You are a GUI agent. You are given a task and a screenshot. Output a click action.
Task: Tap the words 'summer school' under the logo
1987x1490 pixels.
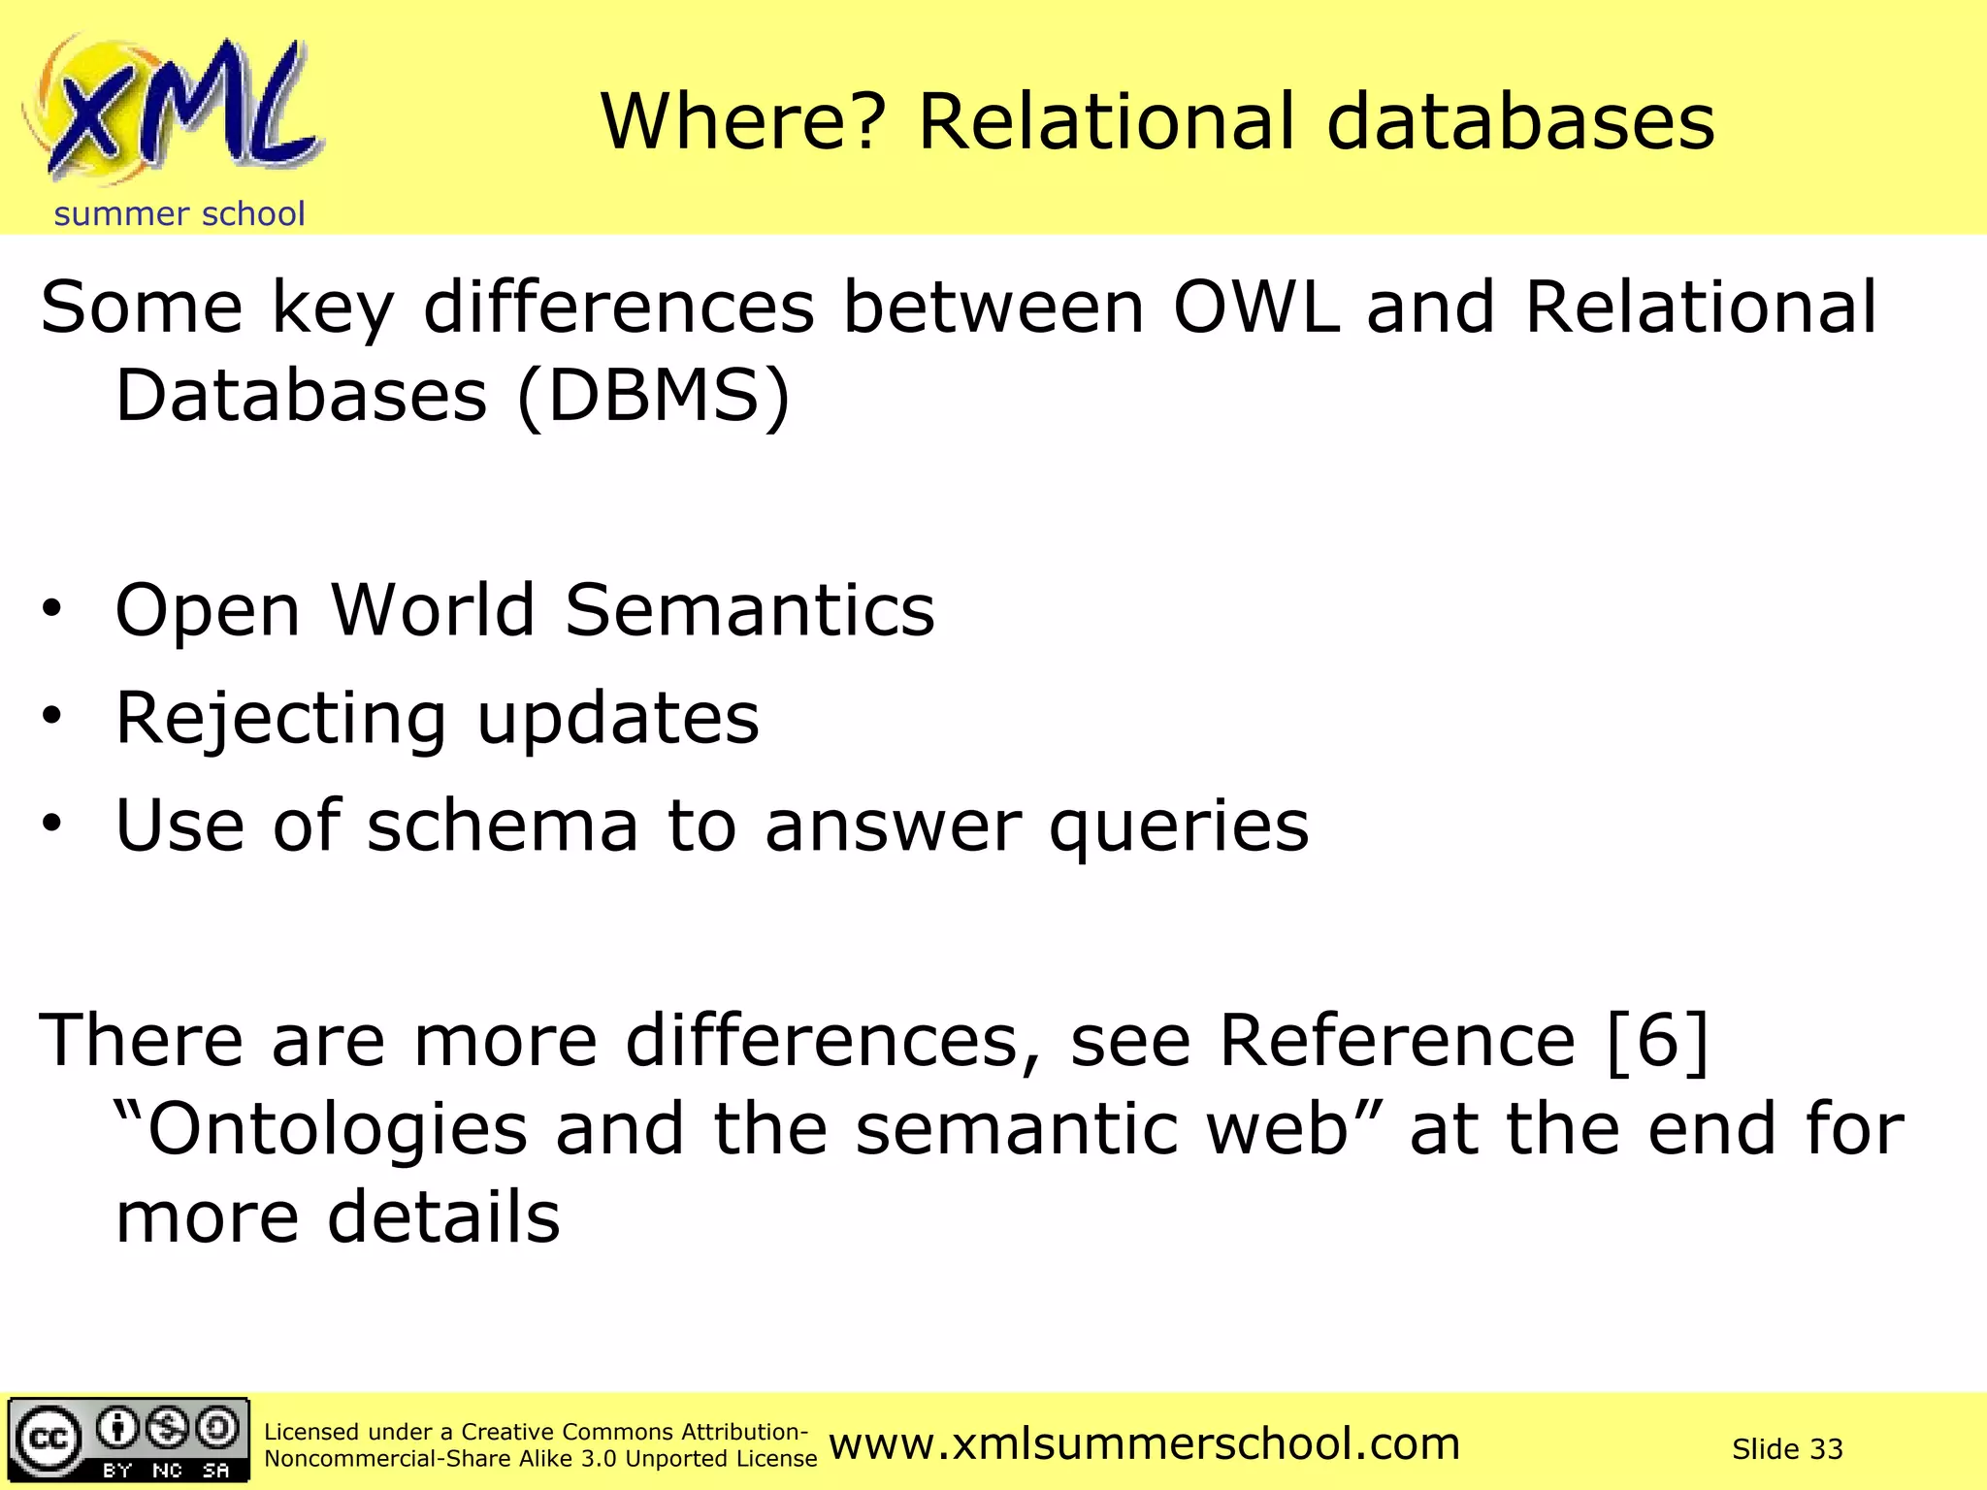(x=179, y=214)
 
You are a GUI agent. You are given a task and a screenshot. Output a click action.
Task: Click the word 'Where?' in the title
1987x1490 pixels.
(x=743, y=122)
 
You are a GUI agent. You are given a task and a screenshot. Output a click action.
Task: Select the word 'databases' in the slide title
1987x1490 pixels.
(x=1520, y=122)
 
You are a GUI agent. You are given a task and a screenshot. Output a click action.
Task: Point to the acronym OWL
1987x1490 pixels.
(x=1257, y=308)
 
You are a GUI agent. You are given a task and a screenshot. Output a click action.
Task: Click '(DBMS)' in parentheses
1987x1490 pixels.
(x=654, y=396)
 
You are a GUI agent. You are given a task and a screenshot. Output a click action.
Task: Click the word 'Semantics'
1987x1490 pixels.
(x=750, y=610)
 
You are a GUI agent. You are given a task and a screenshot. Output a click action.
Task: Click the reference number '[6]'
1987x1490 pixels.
(x=1657, y=1041)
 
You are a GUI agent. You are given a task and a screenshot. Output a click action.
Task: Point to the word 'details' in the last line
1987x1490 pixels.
(x=443, y=1217)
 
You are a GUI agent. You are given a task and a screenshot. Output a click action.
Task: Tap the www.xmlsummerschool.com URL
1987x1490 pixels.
(x=1144, y=1444)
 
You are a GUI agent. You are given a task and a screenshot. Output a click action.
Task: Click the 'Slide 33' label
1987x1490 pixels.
(x=1787, y=1449)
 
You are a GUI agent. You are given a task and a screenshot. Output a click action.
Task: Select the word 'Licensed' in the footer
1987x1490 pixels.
(x=311, y=1432)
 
